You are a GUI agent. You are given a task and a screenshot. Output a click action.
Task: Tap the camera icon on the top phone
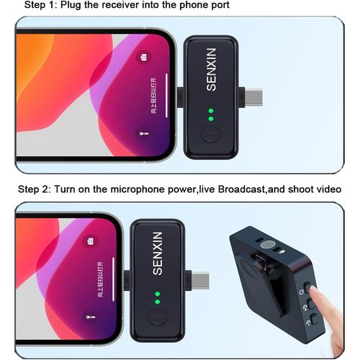click(x=145, y=58)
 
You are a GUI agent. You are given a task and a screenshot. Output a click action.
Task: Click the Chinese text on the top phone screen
click(x=153, y=95)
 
